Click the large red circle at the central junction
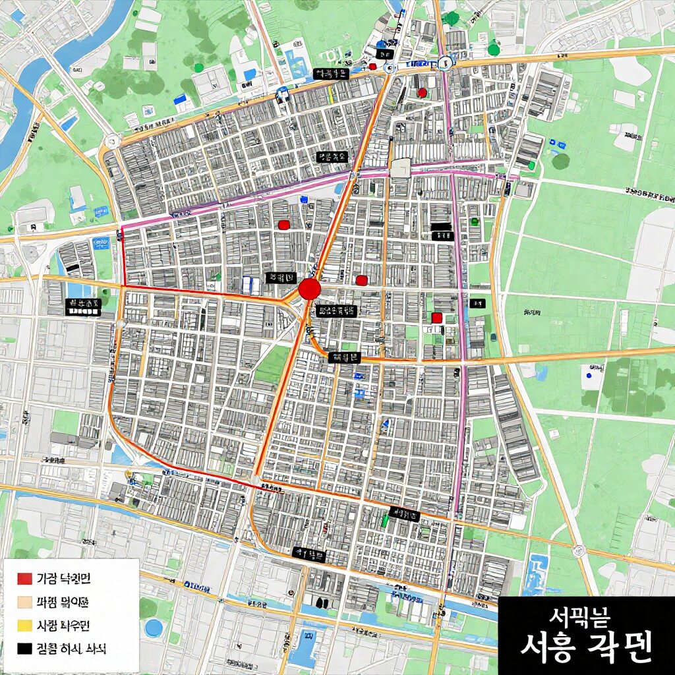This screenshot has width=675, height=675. tap(309, 289)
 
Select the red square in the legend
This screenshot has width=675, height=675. tap(24, 579)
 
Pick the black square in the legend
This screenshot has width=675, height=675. tap(24, 649)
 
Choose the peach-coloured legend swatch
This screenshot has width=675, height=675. tap(24, 602)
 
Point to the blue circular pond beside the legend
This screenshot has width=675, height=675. tap(154, 628)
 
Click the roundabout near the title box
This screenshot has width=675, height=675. tap(579, 550)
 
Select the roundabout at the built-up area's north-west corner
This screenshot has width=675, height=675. tap(111, 140)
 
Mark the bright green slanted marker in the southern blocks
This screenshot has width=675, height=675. tap(385, 521)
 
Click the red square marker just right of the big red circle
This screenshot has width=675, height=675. tap(361, 280)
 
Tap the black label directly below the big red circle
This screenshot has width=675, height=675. tap(336, 310)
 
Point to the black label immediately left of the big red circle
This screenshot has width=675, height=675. tap(281, 278)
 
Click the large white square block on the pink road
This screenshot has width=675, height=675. tap(400, 168)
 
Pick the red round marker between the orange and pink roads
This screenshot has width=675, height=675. tap(422, 93)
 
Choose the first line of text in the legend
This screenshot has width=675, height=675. tap(63, 579)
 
